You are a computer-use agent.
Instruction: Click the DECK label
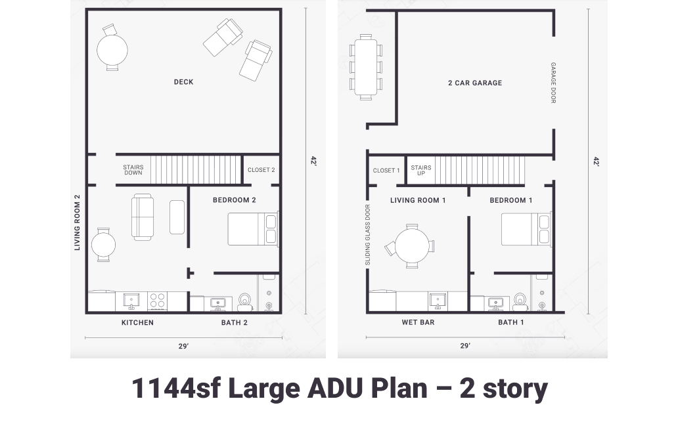[x=183, y=82]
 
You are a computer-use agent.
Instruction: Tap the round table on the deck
[x=112, y=49]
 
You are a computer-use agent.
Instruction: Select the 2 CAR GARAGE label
[x=474, y=83]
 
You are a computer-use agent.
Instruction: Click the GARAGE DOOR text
[x=553, y=83]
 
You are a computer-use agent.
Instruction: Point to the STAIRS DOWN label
[x=133, y=170]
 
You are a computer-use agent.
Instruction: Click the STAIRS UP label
[x=421, y=170]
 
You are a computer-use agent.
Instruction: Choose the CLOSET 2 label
[x=261, y=170]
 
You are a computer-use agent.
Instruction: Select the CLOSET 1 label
[x=386, y=171]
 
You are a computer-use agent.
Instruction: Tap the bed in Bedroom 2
[x=252, y=229]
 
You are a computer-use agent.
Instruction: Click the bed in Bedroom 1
[x=526, y=229]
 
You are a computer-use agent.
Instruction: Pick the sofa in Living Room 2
[x=143, y=217]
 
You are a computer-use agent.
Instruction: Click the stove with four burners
[x=157, y=301]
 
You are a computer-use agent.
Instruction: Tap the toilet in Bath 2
[x=245, y=301]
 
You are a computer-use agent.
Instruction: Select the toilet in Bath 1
[x=520, y=301]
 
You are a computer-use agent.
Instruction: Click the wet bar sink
[x=438, y=301]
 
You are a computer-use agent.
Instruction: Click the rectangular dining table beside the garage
[x=366, y=67]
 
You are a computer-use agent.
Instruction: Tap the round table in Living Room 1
[x=411, y=246]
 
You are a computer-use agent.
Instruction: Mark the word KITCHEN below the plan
[x=137, y=323]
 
